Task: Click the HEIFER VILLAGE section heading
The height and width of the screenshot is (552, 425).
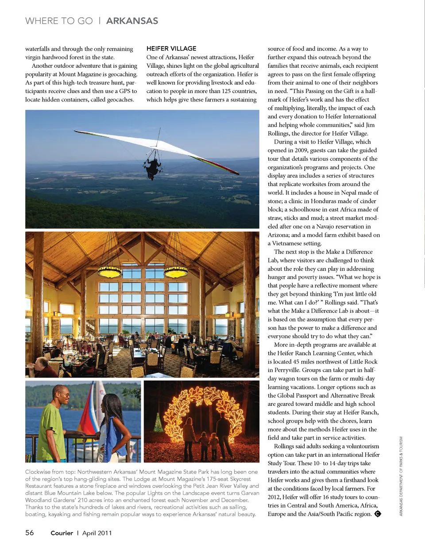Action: (171, 48)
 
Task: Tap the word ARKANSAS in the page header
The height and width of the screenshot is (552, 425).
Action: (132, 21)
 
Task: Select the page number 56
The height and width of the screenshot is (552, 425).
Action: (29, 533)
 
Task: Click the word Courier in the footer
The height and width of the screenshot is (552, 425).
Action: (62, 533)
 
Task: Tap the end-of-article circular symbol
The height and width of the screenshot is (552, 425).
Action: (378, 514)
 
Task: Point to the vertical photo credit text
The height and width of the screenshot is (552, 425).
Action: (401, 476)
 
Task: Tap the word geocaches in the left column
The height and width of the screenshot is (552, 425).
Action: (119, 100)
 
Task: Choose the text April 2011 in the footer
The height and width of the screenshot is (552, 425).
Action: (97, 533)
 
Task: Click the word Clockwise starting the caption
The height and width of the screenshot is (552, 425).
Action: (38, 472)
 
